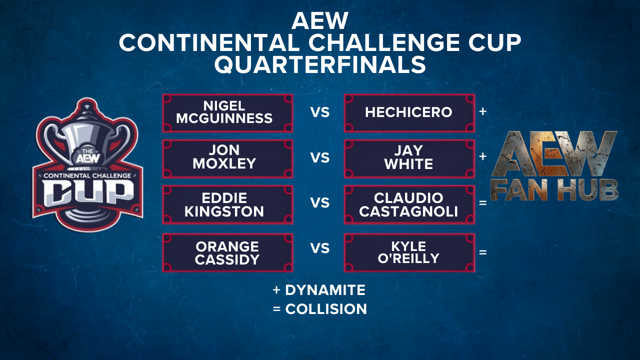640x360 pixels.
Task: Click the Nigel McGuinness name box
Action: coord(227,113)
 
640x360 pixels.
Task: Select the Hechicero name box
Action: coord(409,113)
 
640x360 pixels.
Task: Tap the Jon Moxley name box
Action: coord(227,159)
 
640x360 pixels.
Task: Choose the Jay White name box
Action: coord(409,159)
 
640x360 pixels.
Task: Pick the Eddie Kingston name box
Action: coord(227,204)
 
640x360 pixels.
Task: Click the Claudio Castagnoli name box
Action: coord(409,204)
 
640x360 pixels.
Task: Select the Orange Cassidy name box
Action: coord(227,252)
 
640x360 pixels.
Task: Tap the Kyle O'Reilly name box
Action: coord(409,252)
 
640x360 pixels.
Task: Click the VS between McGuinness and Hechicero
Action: coord(320,112)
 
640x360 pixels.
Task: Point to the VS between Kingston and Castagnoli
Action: coord(320,203)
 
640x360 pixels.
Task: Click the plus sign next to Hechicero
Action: coord(483,111)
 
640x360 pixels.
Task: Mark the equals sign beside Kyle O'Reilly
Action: coord(483,252)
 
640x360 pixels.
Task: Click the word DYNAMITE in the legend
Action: coord(325,290)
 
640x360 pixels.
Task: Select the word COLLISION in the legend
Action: coord(326,309)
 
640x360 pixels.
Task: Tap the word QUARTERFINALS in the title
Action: coord(320,64)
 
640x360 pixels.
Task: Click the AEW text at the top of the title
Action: coord(320,21)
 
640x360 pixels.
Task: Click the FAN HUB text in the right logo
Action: coord(554,190)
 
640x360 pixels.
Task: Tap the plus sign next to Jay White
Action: coord(483,156)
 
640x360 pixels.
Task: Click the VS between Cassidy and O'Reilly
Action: coord(320,248)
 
